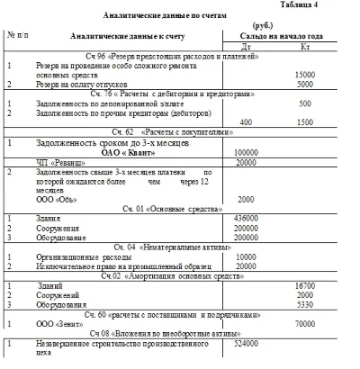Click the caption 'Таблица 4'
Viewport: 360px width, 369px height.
(330, 5)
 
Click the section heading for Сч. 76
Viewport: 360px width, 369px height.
(178, 94)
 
